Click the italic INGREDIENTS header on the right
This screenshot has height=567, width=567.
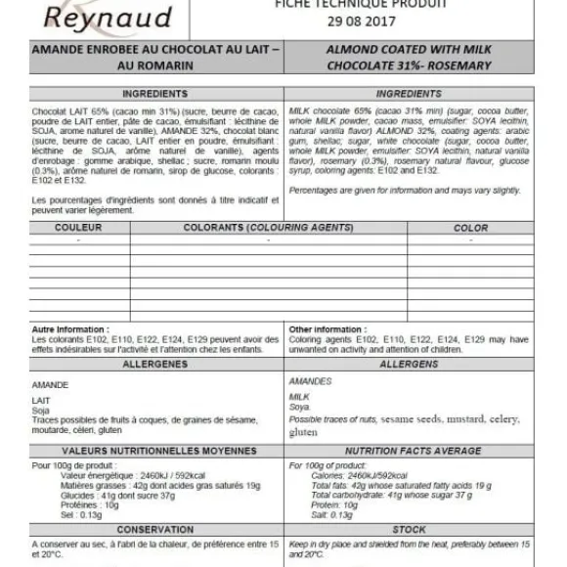pyautogui.click(x=408, y=94)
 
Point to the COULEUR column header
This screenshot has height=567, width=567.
pyautogui.click(x=78, y=228)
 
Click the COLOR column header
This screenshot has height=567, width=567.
pyautogui.click(x=471, y=228)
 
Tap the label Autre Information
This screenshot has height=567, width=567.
pyautogui.click(x=71, y=329)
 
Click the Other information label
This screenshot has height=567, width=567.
pyautogui.click(x=327, y=329)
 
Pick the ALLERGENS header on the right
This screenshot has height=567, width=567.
pyautogui.click(x=408, y=363)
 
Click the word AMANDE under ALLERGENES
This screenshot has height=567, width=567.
pyautogui.click(x=51, y=385)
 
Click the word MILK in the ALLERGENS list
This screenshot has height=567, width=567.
pyautogui.click(x=299, y=396)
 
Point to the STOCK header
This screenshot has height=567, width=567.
pyautogui.click(x=408, y=529)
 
